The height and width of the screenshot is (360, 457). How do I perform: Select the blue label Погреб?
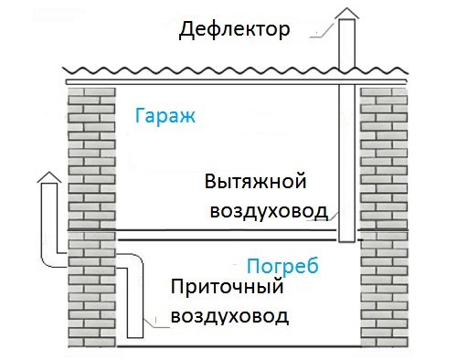[x=282, y=267]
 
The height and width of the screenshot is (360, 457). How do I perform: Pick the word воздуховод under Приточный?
[x=230, y=317]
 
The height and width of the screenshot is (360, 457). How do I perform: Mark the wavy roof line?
[x=228, y=71]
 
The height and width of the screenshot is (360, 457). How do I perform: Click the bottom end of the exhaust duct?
[x=347, y=240]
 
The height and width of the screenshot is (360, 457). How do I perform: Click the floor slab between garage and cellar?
[x=228, y=234]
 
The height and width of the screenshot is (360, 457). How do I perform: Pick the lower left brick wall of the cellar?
[x=90, y=302]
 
